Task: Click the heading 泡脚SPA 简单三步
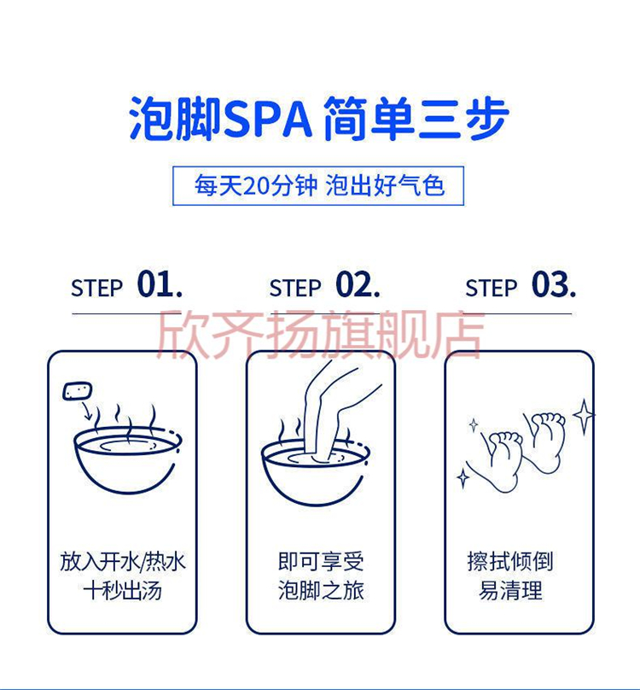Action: point(319,119)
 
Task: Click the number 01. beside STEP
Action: point(160,285)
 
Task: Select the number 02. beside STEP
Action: point(358,285)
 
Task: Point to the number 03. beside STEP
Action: point(554,285)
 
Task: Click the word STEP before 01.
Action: point(96,289)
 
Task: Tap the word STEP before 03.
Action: point(491,289)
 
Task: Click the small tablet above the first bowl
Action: point(78,391)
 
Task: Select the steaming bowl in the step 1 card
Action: point(127,458)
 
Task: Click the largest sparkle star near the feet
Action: point(584,416)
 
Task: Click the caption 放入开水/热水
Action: point(123,562)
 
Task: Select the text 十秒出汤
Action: point(123,591)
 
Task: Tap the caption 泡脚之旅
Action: point(321,591)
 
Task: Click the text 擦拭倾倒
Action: point(510,562)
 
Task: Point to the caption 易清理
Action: point(510,591)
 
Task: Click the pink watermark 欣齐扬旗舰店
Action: point(321,333)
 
